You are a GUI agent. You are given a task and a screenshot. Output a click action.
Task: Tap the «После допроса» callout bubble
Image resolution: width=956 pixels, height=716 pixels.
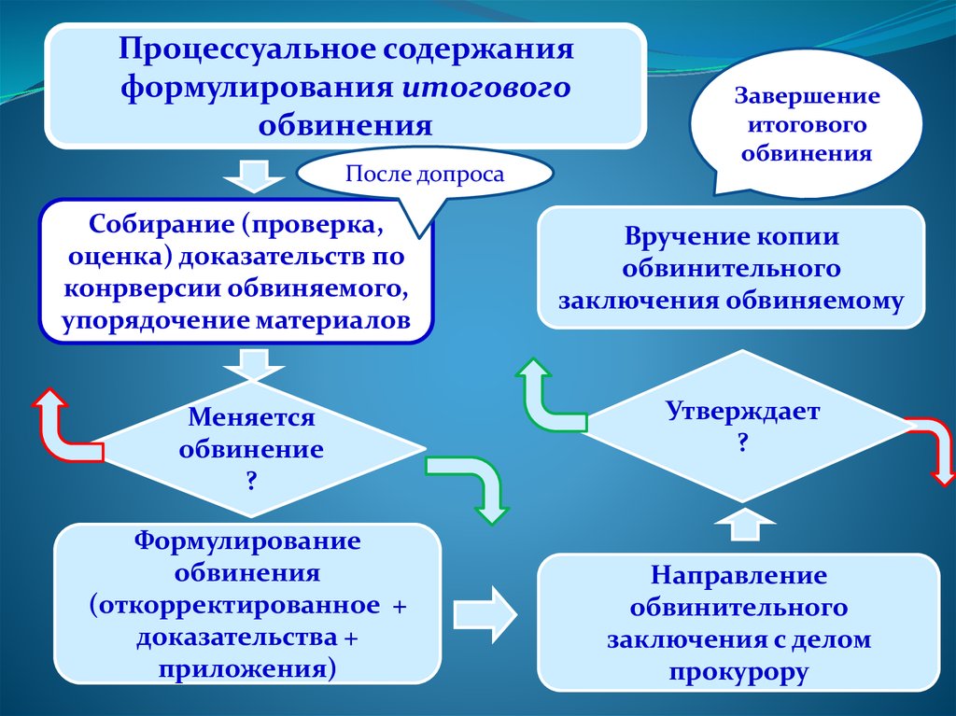425,175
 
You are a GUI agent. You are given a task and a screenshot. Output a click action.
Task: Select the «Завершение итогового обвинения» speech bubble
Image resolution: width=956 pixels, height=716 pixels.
807,125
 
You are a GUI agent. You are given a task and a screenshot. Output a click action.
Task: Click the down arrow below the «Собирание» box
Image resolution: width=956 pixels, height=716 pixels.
249,363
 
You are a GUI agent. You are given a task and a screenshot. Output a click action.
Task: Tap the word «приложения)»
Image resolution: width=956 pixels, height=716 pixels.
246,669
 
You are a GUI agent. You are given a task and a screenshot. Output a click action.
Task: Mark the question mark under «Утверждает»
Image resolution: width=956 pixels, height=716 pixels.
743,442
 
